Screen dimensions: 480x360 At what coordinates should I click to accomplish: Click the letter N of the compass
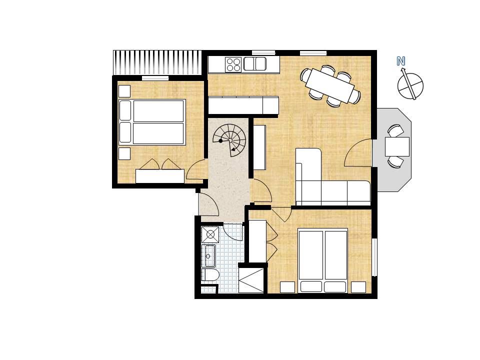click(x=400, y=61)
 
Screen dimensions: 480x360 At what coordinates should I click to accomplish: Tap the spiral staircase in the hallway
click(x=229, y=140)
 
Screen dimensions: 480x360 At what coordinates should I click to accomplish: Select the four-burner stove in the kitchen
click(x=233, y=64)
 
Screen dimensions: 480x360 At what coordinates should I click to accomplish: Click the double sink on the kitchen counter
click(x=254, y=64)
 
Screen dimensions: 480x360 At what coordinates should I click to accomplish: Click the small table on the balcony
click(x=397, y=146)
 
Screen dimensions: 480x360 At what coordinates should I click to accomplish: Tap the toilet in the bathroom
click(x=210, y=275)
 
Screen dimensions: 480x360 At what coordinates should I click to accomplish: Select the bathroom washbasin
click(x=209, y=255)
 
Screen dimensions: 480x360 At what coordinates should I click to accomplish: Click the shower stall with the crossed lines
click(x=251, y=280)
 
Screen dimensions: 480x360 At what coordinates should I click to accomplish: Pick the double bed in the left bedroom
click(x=152, y=122)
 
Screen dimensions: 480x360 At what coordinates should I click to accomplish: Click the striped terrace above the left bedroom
click(x=157, y=62)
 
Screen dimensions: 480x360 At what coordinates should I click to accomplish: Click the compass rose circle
click(x=410, y=85)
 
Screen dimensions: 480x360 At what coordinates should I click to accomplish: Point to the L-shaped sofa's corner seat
click(x=308, y=192)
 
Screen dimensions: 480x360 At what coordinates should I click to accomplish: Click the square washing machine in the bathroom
click(x=210, y=234)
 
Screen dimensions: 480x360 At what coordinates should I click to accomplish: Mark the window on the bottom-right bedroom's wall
click(x=374, y=257)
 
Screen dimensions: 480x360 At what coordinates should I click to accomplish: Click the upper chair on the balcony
click(x=395, y=130)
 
